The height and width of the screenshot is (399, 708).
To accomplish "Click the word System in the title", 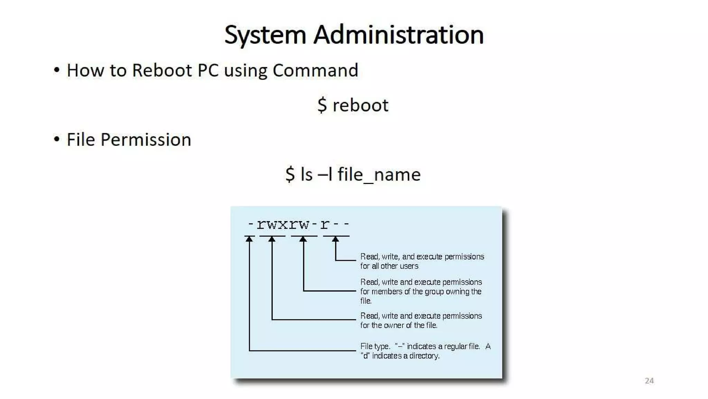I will pos(265,35).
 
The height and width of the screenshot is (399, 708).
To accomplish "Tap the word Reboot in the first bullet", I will pos(161,70).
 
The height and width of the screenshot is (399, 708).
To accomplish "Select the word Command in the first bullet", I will pos(315,70).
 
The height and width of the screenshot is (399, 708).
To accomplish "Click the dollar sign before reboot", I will pos(322,105).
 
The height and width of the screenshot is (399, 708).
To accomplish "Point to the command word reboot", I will pos(360,105).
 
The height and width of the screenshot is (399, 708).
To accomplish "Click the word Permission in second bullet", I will pos(146,140).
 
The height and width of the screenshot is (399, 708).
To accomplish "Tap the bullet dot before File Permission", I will pos(57,140).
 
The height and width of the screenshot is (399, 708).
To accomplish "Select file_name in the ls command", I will pos(379,174).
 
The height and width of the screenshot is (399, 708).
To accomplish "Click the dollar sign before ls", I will pos(290,174).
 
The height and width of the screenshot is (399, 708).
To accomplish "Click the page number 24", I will pos(649,381).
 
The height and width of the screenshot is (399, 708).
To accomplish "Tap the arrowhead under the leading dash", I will pos(249,239).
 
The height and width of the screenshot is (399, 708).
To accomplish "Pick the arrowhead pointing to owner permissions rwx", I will pos(272,239).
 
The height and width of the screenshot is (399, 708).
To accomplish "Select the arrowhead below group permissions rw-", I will pos(303,239).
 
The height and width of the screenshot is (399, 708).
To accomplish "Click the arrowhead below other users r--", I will pos(335,239).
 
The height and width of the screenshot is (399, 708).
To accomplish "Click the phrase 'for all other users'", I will pos(389,266).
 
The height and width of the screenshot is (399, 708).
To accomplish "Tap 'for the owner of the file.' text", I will pos(399,325).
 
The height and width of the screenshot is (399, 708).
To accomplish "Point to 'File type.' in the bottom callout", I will pos(375,346).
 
